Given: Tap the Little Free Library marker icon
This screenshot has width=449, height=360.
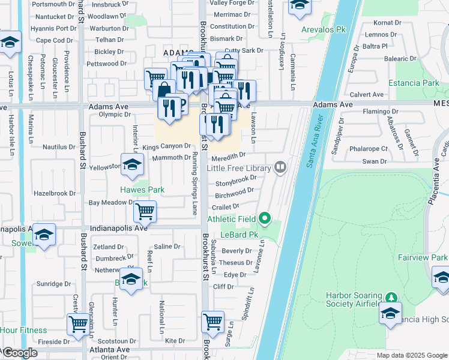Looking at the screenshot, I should (x=280, y=167).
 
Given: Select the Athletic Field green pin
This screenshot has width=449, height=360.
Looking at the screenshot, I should (x=265, y=218).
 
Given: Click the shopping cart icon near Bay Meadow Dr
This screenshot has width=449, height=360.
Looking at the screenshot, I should (x=145, y=211).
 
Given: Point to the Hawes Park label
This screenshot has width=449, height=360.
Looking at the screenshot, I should (x=142, y=190).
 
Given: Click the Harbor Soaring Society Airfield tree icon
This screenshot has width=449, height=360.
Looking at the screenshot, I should (x=391, y=297).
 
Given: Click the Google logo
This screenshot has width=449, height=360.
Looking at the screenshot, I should (x=19, y=353).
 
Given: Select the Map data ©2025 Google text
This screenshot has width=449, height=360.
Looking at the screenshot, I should (x=412, y=355).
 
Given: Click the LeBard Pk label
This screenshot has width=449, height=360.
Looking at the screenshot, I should (x=234, y=235).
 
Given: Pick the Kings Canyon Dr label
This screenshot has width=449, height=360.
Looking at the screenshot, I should (x=166, y=146).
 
